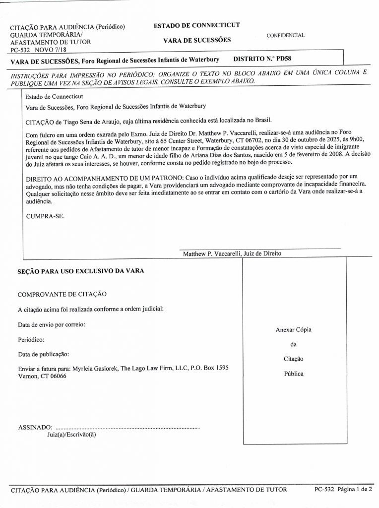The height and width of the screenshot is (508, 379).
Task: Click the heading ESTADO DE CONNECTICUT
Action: click(197, 25)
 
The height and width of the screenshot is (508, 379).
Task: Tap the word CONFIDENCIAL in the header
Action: click(285, 36)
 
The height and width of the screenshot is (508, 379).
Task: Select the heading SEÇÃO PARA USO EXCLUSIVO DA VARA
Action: click(80, 271)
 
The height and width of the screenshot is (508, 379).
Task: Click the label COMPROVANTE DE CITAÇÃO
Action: click(62, 294)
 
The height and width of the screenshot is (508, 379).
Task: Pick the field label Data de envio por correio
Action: click(51, 324)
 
